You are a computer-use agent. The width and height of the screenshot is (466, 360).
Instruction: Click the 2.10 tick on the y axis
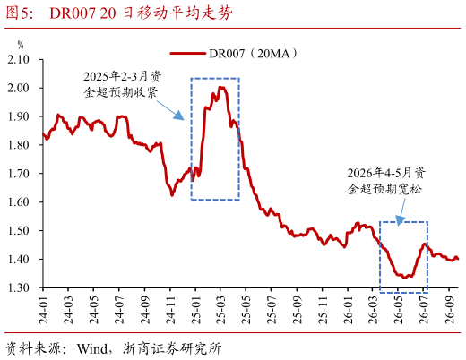pyautogui.click(x=18, y=60)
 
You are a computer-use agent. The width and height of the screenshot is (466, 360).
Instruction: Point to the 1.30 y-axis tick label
pyautogui.click(x=18, y=287)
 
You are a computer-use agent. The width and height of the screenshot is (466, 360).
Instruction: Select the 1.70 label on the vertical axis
pyautogui.click(x=18, y=174)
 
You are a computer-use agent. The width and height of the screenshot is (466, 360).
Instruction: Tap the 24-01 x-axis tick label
pyautogui.click(x=44, y=310)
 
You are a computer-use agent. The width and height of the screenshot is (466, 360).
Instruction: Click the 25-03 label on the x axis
pyautogui.click(x=221, y=310)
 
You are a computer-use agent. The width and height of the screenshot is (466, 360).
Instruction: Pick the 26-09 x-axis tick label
pyautogui.click(x=450, y=310)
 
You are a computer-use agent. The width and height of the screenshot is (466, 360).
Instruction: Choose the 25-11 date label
pyautogui.click(x=323, y=310)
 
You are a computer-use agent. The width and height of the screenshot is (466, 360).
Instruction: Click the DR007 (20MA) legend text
pyautogui.click(x=254, y=54)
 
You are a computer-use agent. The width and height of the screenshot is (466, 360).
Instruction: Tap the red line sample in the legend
pyautogui.click(x=188, y=54)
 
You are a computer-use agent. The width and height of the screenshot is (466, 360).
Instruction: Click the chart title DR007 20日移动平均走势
pyautogui.click(x=141, y=13)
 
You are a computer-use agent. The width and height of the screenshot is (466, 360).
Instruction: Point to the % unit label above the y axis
pyautogui.click(x=21, y=45)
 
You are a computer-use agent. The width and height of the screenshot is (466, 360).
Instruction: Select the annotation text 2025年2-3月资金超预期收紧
pyautogui.click(x=122, y=84)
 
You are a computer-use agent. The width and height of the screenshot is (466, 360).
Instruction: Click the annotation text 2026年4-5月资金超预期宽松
pyautogui.click(x=386, y=181)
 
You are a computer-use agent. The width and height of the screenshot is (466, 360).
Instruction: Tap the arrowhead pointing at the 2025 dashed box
pyautogui.click(x=179, y=116)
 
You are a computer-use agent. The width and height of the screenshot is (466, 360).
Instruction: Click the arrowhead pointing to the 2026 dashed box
pyautogui.click(x=400, y=220)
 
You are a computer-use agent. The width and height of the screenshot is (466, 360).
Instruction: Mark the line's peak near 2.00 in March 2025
pyautogui.click(x=221, y=88)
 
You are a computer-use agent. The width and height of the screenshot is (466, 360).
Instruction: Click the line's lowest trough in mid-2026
pyautogui.click(x=404, y=278)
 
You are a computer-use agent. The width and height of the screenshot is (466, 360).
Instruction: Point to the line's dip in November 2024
pyautogui.click(x=172, y=194)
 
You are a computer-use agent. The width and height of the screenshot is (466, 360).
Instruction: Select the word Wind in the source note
pyautogui.click(x=92, y=348)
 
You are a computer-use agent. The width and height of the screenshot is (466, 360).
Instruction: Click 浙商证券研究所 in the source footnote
pyautogui.click(x=172, y=348)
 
